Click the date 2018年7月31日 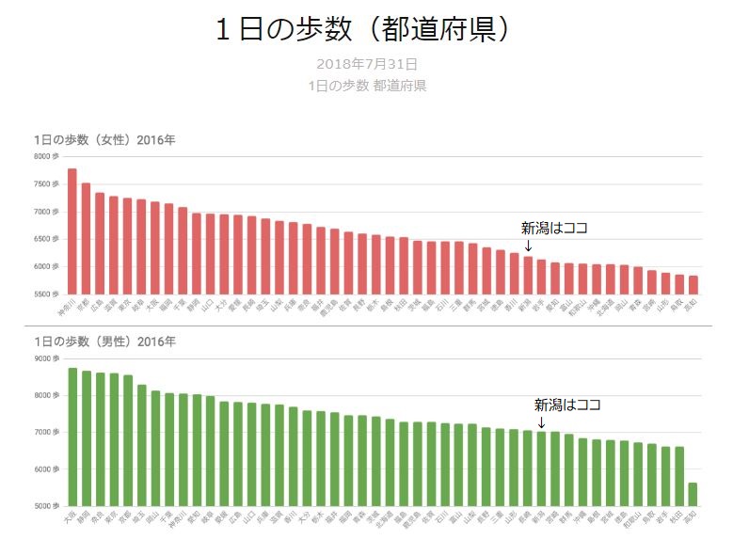coord(367,64)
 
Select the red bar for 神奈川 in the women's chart coord(72,231)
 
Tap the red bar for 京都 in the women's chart coord(86,239)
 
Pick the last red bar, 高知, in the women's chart coord(693,285)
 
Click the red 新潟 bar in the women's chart coord(528,276)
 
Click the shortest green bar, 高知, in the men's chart coord(693,495)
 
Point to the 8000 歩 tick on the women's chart coord(46,157)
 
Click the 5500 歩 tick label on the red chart coord(46,294)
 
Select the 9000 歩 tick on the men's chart coord(46,358)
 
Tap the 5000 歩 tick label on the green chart coord(46,506)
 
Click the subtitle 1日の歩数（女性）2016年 coord(104,140)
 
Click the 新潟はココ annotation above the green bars coord(567,405)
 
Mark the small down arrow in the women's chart coord(528,246)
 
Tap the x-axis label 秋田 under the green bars coord(677,516)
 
